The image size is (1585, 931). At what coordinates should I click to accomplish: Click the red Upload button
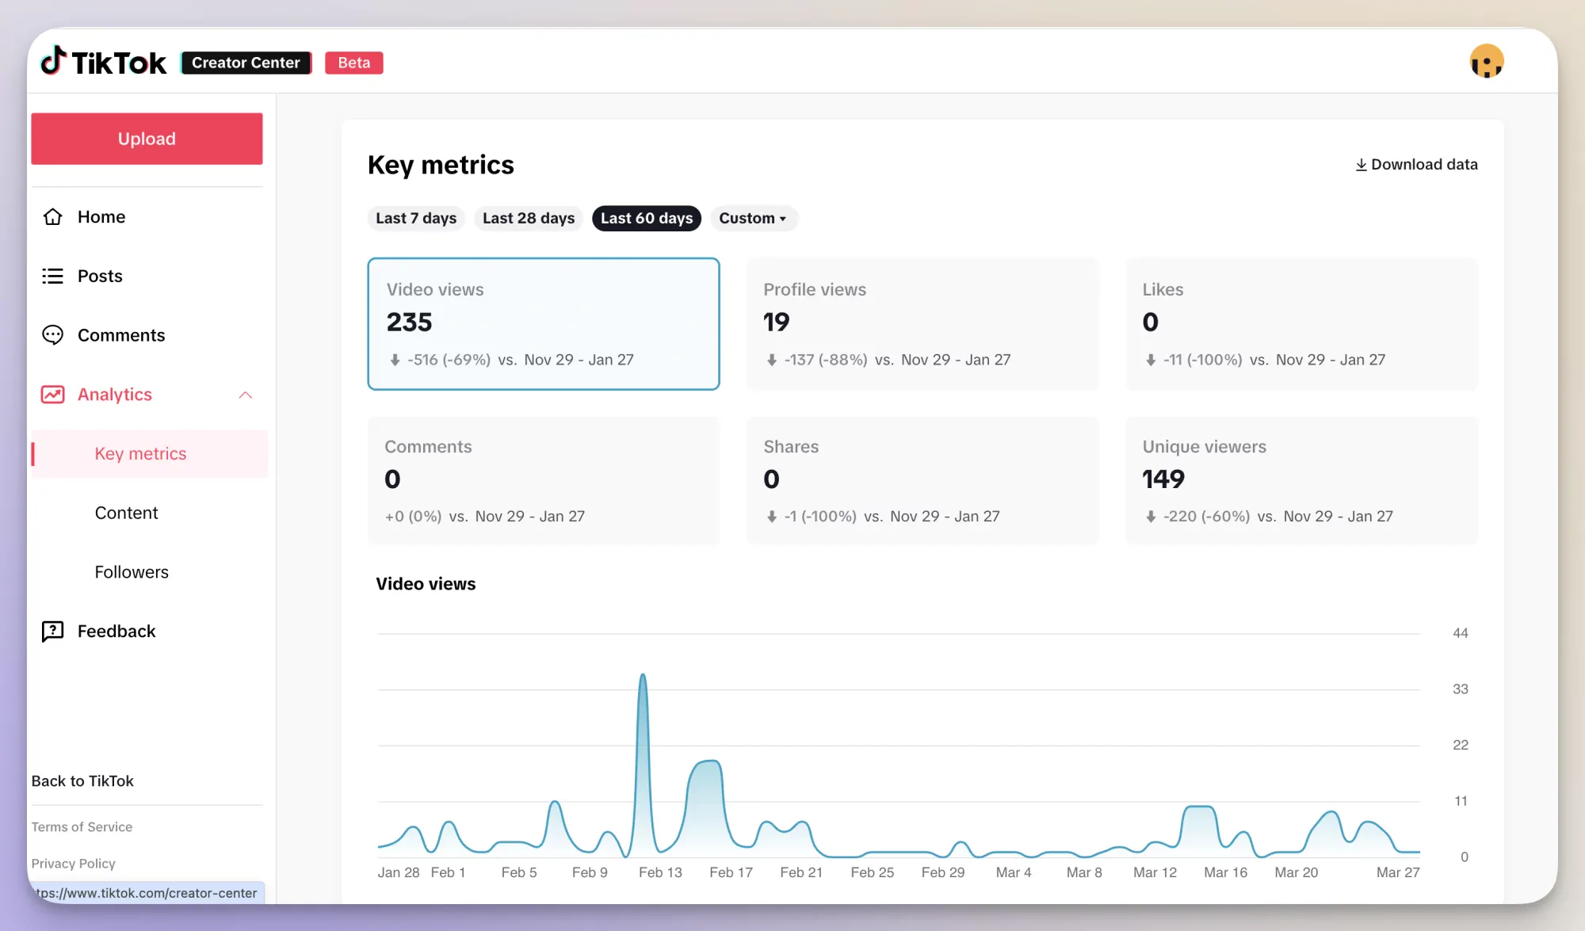click(x=147, y=139)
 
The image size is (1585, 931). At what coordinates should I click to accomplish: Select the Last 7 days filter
click(x=415, y=218)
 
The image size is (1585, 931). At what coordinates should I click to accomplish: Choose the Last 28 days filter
click(x=528, y=218)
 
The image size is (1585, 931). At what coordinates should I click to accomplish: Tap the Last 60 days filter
click(x=646, y=218)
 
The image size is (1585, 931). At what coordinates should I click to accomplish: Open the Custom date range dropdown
click(x=752, y=218)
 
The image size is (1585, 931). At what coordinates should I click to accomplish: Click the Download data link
click(x=1416, y=164)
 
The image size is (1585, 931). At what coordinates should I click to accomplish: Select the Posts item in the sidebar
click(x=100, y=276)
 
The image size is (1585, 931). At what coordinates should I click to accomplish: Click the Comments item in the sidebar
click(x=120, y=335)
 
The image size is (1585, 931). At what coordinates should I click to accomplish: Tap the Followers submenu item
click(x=132, y=572)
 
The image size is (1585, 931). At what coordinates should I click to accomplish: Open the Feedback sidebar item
click(x=116, y=631)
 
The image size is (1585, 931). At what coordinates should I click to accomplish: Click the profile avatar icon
click(x=1486, y=62)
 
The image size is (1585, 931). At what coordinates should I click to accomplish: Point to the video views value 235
click(x=409, y=322)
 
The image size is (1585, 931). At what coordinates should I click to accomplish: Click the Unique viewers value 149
click(x=1163, y=479)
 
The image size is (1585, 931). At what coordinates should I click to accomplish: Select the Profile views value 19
click(x=776, y=322)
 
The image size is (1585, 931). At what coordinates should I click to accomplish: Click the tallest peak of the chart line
click(x=643, y=676)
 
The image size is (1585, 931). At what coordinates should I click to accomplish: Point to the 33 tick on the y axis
click(x=1460, y=689)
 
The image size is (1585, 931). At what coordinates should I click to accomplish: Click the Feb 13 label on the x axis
click(x=659, y=872)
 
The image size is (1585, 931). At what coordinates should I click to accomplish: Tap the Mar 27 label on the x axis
click(x=1397, y=872)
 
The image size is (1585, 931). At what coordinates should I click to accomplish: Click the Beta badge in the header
click(x=353, y=63)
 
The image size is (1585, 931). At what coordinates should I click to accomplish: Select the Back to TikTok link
click(x=82, y=781)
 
